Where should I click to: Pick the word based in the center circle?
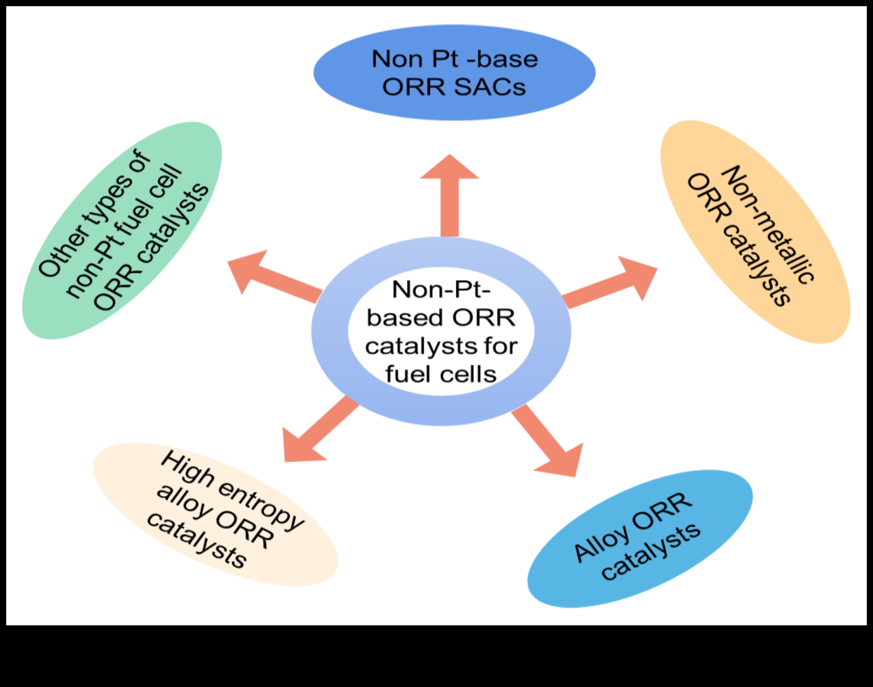click(x=404, y=318)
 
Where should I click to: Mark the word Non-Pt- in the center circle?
click(x=442, y=290)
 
